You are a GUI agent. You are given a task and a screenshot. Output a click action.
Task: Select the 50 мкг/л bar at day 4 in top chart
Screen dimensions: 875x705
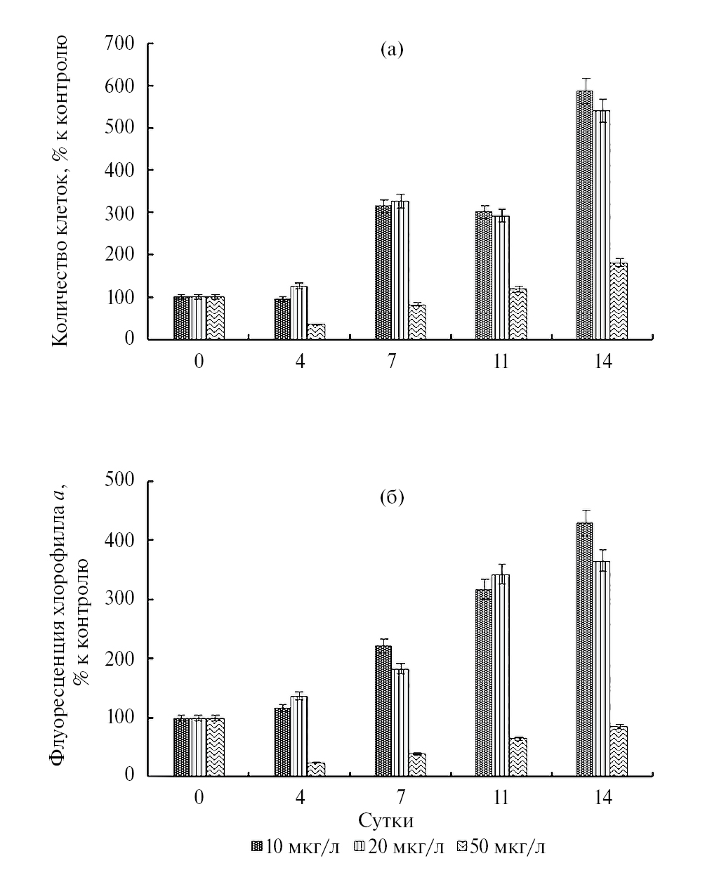click(x=316, y=331)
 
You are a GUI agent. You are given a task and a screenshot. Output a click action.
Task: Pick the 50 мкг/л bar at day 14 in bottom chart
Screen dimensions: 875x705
click(x=619, y=751)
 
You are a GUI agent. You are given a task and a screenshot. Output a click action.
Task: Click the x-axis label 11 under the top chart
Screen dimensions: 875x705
click(x=501, y=362)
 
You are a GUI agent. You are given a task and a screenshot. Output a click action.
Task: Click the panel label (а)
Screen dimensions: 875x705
click(x=391, y=50)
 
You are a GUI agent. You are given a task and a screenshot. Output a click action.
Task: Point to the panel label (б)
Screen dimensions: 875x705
click(x=391, y=498)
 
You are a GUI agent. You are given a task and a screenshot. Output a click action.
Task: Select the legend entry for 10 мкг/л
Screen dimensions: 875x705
click(x=296, y=847)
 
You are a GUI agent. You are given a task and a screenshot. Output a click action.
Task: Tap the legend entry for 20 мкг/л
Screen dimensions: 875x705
click(x=400, y=847)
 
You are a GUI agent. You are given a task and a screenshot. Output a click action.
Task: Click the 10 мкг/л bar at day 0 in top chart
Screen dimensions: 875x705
click(x=182, y=318)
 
